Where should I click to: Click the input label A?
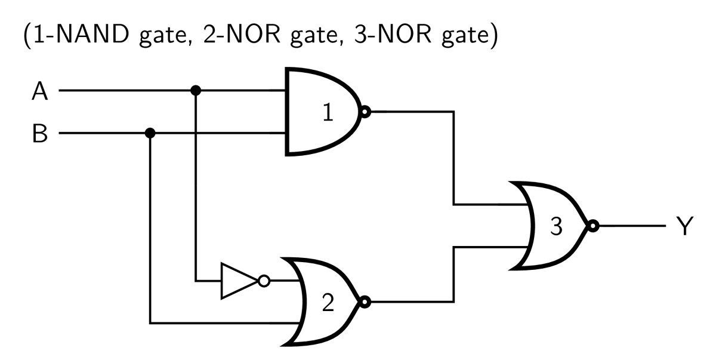click(x=41, y=92)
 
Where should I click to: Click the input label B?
click(x=40, y=134)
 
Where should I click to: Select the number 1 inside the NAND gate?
click(x=328, y=113)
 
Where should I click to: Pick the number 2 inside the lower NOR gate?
click(x=328, y=303)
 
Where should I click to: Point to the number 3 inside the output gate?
click(x=556, y=227)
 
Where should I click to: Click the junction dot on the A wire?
click(x=195, y=91)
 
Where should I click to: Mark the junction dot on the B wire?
click(x=150, y=133)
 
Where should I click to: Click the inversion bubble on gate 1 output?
click(x=365, y=112)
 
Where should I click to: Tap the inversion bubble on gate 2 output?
click(x=365, y=302)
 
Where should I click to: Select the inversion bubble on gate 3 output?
click(x=592, y=226)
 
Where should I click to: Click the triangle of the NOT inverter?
click(x=236, y=281)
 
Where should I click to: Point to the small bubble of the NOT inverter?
click(x=263, y=281)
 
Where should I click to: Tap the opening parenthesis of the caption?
click(x=26, y=38)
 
